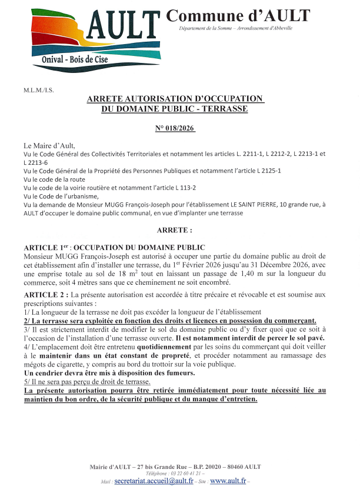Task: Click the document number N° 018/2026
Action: click(175, 128)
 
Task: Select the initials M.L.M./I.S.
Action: click(38, 91)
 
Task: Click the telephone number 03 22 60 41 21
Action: click(185, 473)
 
